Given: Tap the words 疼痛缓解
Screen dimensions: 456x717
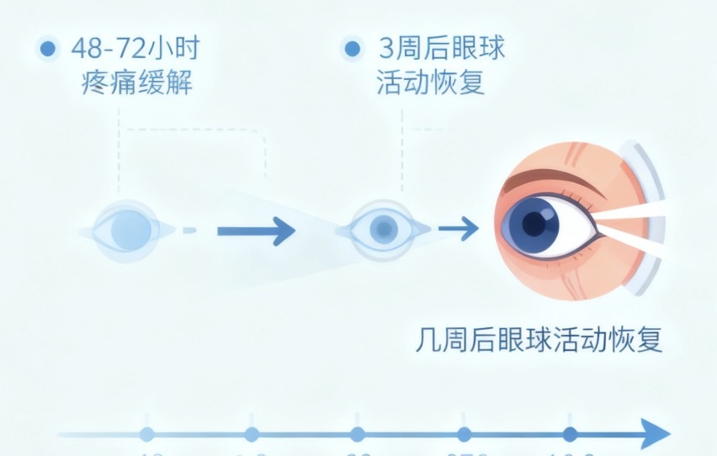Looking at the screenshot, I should point(138,84).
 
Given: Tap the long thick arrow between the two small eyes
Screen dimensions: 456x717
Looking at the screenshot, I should point(256,230).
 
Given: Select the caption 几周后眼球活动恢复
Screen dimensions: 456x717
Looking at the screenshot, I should point(539,340).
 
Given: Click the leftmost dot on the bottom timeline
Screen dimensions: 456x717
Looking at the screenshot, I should point(147,435).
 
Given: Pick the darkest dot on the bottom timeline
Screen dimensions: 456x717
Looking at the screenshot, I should point(570,435).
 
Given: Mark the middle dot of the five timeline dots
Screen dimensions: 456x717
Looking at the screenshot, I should point(358,435).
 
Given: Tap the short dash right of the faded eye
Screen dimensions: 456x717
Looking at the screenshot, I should point(189,230).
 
